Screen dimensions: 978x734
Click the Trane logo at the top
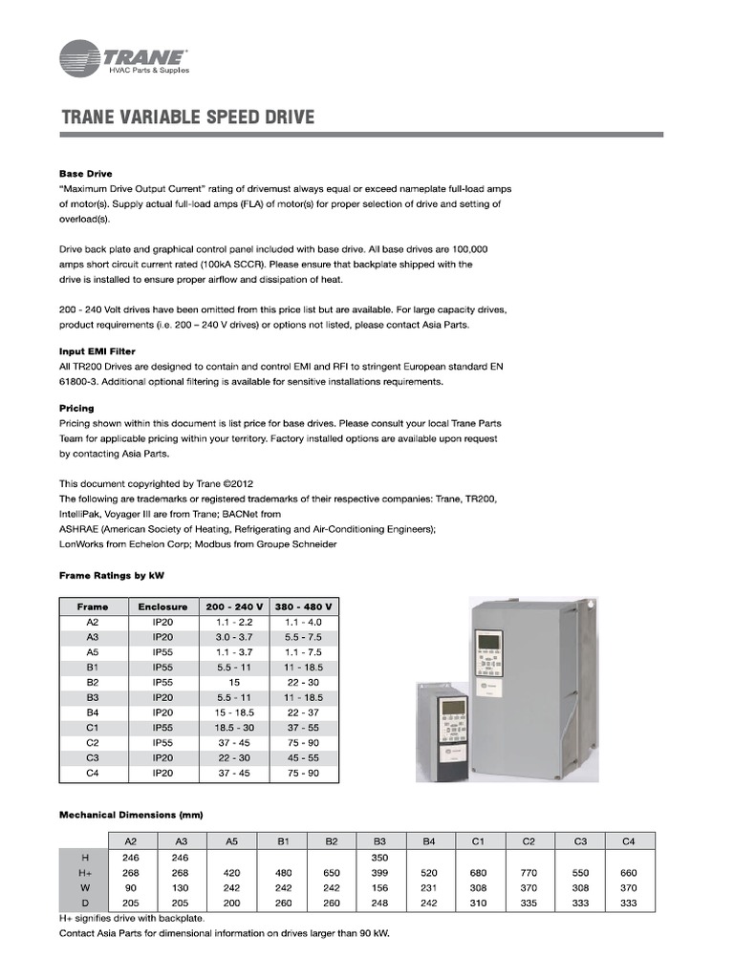[123, 58]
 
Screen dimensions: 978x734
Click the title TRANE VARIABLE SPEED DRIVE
[187, 117]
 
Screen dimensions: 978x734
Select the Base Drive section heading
[86, 174]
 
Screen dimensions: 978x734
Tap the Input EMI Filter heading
[97, 351]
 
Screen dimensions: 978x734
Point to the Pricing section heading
[76, 408]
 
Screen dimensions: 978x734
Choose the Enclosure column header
[162, 606]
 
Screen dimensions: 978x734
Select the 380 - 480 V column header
[303, 606]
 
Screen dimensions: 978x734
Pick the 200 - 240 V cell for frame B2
[234, 684]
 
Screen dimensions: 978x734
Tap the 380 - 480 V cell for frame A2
[303, 621]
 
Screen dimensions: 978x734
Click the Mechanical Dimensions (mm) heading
[131, 815]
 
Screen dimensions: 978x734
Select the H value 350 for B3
[379, 858]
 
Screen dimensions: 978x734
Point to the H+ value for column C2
[529, 873]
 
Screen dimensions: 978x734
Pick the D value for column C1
[479, 903]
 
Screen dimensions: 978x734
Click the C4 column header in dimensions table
[628, 841]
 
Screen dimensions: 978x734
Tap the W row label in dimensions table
[85, 887]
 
